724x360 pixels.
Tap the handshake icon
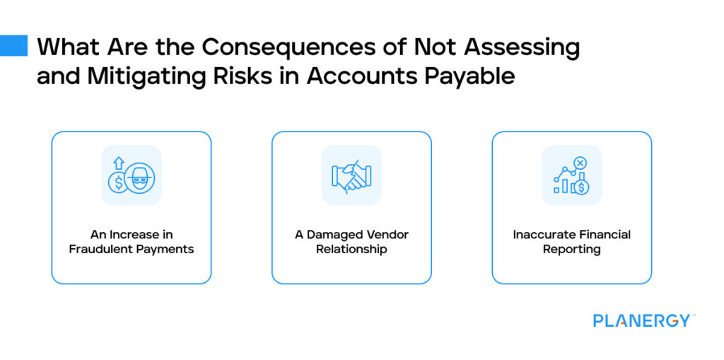pyautogui.click(x=351, y=175)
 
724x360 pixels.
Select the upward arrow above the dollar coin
pyautogui.click(x=119, y=163)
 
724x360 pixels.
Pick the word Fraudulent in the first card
pyautogui.click(x=100, y=250)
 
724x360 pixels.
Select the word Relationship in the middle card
pyautogui.click(x=351, y=250)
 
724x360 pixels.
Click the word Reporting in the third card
pyautogui.click(x=571, y=250)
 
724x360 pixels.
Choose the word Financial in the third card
pyautogui.click(x=602, y=235)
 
